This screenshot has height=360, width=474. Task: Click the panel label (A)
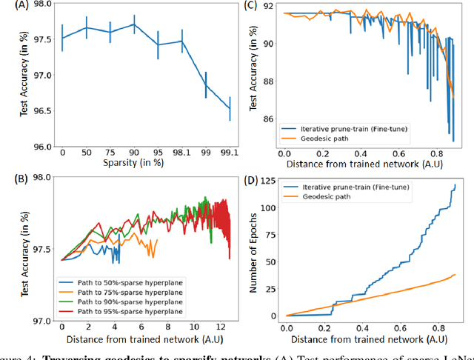tap(12, 7)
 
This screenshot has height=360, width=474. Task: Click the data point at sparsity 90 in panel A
tap(134, 24)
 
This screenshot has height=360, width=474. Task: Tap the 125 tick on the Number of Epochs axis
tap(270, 181)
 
